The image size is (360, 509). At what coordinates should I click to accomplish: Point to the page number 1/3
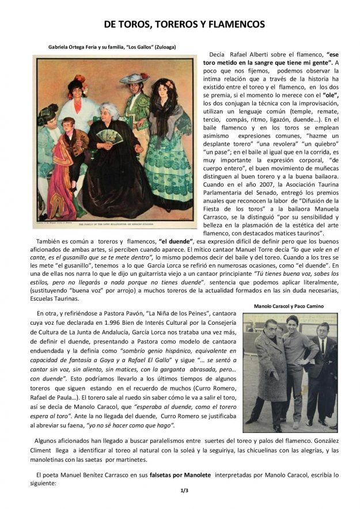tap(179, 491)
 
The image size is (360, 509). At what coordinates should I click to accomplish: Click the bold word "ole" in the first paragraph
tap(331, 94)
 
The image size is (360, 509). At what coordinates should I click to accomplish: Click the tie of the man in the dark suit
tap(323, 348)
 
